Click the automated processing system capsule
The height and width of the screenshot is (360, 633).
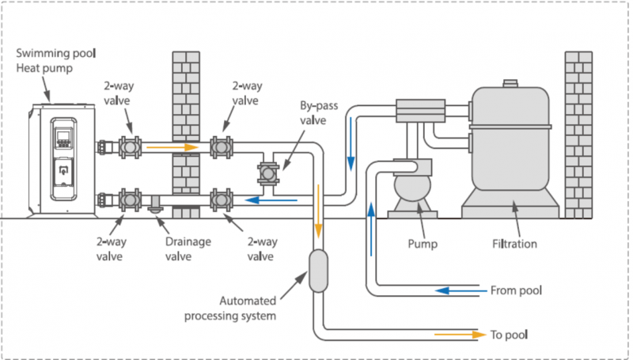click(x=318, y=270)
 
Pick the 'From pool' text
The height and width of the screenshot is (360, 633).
click(x=516, y=290)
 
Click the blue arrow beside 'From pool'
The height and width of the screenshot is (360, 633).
click(x=458, y=290)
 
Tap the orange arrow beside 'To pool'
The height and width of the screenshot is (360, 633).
click(x=459, y=334)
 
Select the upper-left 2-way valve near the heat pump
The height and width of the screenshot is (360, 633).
click(x=130, y=147)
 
